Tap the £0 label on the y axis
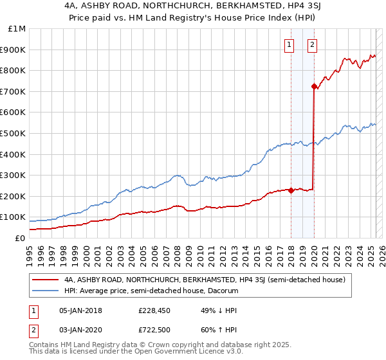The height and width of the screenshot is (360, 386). pos(20,238)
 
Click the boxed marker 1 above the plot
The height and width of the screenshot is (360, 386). pos(289,45)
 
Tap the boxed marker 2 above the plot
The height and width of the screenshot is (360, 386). pos(312,45)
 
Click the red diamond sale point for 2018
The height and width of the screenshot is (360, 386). pos(291,190)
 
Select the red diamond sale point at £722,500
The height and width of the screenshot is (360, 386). pos(314,86)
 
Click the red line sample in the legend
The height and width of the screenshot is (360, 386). pos(46,280)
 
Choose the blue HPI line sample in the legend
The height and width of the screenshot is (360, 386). pos(46,291)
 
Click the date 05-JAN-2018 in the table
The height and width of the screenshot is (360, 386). pos(80,310)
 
